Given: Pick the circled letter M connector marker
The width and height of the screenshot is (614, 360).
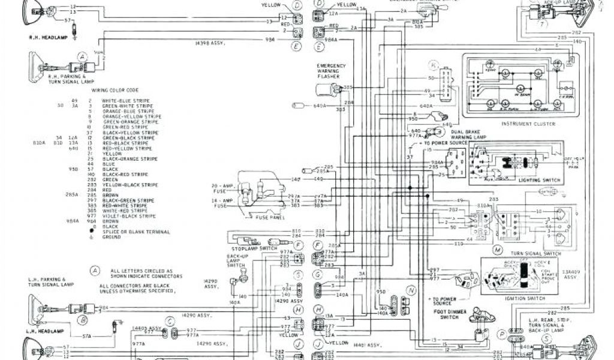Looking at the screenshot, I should pyautogui.click(x=497, y=248).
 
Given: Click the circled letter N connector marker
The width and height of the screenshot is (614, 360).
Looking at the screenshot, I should pyautogui.click(x=411, y=290).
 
